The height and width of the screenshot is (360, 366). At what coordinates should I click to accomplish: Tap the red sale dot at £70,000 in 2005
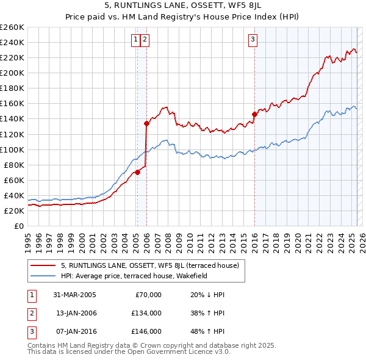pyautogui.click(x=138, y=172)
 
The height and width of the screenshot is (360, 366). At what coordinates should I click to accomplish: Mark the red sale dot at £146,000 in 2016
pyautogui.click(x=254, y=114)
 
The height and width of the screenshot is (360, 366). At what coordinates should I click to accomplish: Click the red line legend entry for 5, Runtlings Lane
pyautogui.click(x=153, y=265)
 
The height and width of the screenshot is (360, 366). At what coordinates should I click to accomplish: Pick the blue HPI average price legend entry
pyautogui.click(x=134, y=276)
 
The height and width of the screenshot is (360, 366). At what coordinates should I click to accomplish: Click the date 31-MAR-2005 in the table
pyautogui.click(x=74, y=295)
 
